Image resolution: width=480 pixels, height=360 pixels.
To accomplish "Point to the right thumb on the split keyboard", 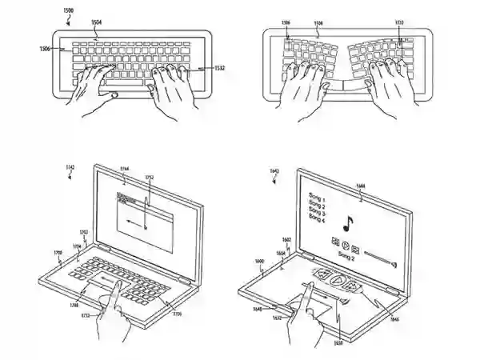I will pyautogui.click(x=365, y=88).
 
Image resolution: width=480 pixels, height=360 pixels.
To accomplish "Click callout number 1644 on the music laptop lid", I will pyautogui.click(x=361, y=186).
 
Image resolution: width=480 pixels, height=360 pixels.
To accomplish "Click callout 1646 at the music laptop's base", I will pyautogui.click(x=393, y=319).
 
